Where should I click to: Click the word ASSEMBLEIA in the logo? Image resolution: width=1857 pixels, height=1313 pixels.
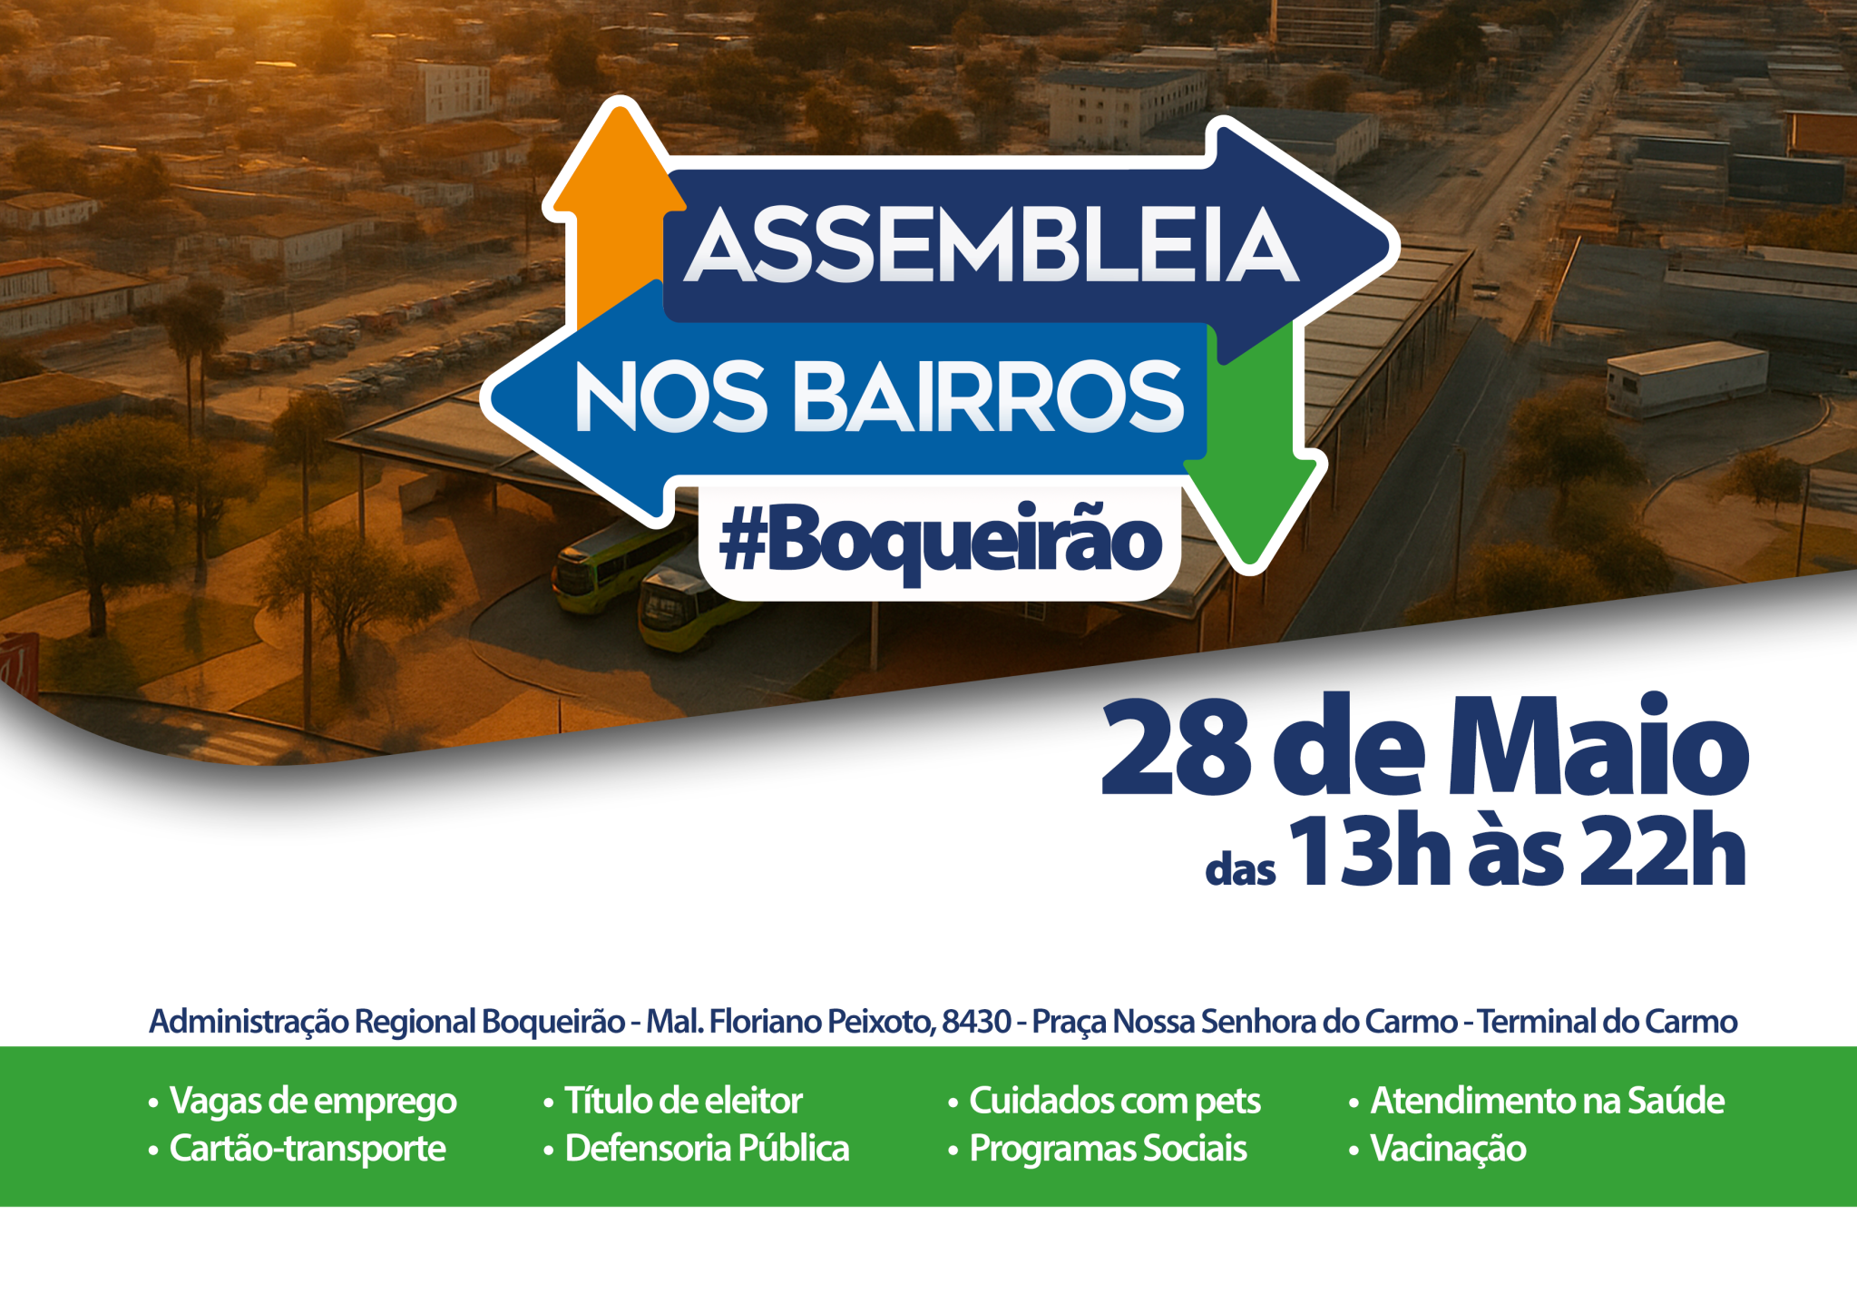[x=992, y=245]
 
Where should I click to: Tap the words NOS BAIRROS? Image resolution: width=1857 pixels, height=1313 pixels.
[x=879, y=397]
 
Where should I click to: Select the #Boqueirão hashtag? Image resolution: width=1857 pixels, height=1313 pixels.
[x=940, y=542]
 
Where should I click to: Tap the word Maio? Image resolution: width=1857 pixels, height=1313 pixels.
[x=1597, y=748]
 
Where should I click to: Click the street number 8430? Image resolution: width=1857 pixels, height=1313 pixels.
[x=976, y=1022]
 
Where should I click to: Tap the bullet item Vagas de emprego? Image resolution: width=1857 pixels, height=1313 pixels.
[x=313, y=1101]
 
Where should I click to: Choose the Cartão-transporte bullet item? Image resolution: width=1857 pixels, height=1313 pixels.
[x=308, y=1149]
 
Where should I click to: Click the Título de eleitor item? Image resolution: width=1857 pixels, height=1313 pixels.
[x=683, y=1101]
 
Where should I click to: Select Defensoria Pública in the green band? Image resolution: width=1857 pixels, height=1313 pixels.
[x=707, y=1149]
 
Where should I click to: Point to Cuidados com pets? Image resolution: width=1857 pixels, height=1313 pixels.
[x=1115, y=1101]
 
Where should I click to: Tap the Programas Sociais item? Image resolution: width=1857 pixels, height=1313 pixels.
[x=1108, y=1149]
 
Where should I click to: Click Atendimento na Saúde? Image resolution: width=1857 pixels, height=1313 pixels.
[x=1547, y=1101]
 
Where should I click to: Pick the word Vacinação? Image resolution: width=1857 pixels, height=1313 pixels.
[x=1448, y=1149]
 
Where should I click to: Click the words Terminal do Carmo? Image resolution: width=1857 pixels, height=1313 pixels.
[x=1608, y=1022]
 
